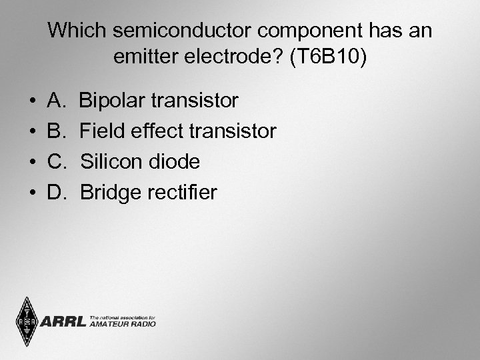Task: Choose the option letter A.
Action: tap(55, 101)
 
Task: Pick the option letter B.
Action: tap(55, 132)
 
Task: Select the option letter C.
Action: tap(55, 163)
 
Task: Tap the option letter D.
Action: tap(55, 193)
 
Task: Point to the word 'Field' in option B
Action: tap(101, 132)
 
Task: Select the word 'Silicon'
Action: tap(114, 163)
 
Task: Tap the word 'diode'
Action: tap(177, 163)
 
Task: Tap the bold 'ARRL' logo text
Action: tap(63, 322)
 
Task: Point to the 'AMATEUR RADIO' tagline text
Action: tap(123, 325)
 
